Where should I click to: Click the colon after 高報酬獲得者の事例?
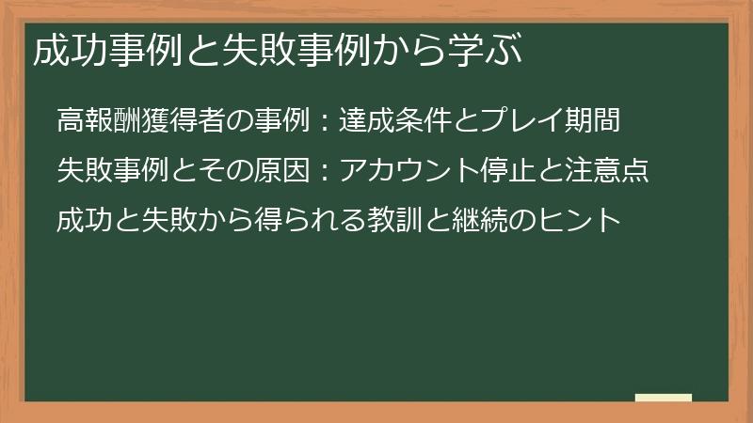[322, 122]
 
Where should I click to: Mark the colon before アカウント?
[322, 172]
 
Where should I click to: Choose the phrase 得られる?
[310, 221]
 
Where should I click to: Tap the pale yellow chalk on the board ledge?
[664, 398]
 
